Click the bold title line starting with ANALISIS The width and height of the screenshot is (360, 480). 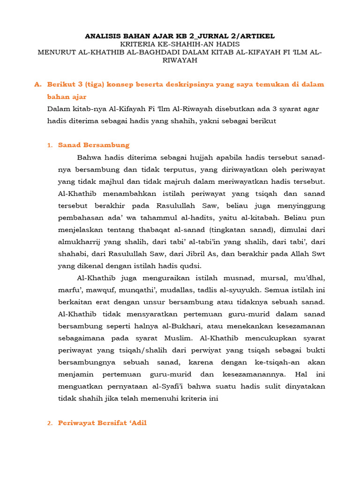pyautogui.click(x=180, y=36)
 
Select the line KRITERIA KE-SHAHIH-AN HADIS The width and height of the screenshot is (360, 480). pyautogui.click(x=180, y=44)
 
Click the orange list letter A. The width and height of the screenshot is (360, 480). pyautogui.click(x=37, y=84)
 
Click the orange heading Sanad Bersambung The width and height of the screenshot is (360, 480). pyautogui.click(x=94, y=145)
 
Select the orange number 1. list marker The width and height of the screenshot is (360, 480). pyautogui.click(x=50, y=145)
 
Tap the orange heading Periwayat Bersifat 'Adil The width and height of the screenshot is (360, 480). pyautogui.click(x=102, y=423)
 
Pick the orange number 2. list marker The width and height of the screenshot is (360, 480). pyautogui.click(x=50, y=423)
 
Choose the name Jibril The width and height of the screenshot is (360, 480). pyautogui.click(x=193, y=255)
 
